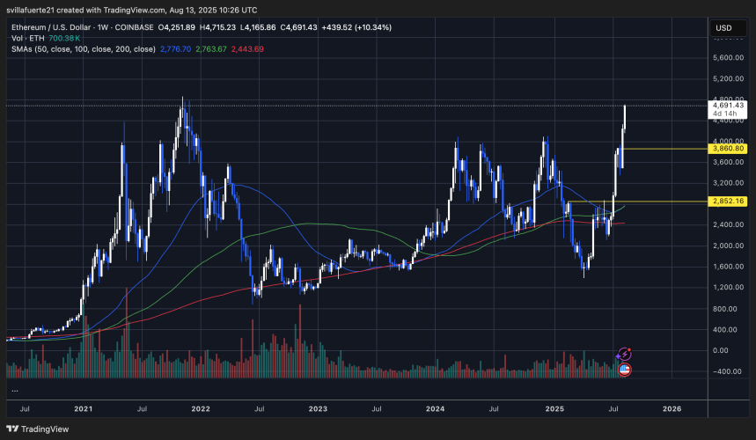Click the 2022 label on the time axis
(201, 409)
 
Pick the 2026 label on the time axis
(672, 409)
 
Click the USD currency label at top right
(725, 27)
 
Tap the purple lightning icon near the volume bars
(624, 354)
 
